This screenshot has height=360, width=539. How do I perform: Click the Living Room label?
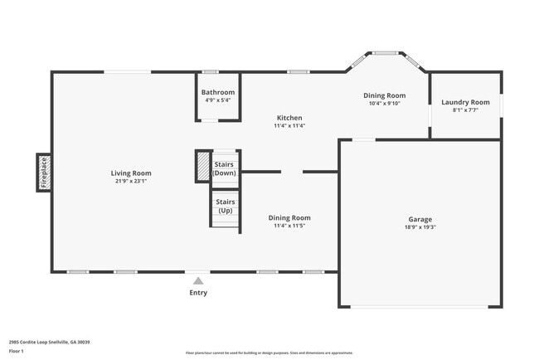click(131, 173)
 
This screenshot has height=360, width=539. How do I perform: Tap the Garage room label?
click(420, 219)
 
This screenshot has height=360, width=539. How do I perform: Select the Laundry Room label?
click(465, 102)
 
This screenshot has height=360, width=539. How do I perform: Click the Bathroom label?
click(218, 92)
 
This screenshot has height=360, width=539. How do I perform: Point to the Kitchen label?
click(289, 118)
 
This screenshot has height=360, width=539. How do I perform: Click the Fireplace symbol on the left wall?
click(44, 173)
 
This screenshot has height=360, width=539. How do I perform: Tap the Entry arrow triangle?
click(198, 281)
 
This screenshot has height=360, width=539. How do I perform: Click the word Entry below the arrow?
click(198, 293)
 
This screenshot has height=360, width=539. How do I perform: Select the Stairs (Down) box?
click(225, 168)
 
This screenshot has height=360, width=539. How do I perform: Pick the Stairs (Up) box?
click(225, 206)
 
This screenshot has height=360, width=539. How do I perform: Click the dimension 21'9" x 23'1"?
click(131, 182)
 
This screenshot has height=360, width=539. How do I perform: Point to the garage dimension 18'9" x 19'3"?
click(420, 227)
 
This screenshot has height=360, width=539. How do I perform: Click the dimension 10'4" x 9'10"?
click(384, 104)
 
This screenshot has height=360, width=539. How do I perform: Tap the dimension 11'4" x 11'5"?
click(289, 226)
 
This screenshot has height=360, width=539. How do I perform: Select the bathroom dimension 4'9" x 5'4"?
click(218, 100)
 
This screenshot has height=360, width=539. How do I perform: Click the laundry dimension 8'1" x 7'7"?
click(465, 110)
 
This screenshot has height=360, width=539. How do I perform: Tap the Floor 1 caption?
click(17, 351)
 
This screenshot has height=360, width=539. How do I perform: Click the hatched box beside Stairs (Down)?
click(202, 166)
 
